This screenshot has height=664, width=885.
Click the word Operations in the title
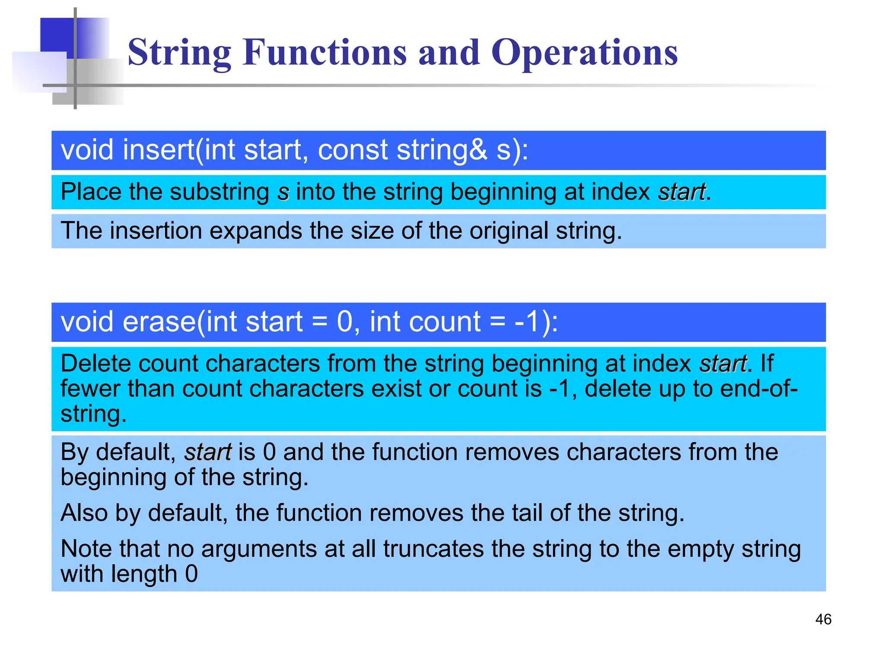(584, 52)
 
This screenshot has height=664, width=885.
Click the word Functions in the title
(325, 52)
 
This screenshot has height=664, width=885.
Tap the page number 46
(823, 619)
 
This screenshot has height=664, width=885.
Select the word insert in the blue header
(159, 150)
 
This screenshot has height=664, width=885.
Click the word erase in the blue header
(159, 322)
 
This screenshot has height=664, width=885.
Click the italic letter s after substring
(283, 192)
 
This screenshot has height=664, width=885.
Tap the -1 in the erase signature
(527, 322)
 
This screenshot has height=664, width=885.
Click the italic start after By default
(208, 452)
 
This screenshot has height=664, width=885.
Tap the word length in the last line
(144, 574)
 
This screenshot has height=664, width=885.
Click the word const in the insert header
(353, 150)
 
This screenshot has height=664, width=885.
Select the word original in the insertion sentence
(509, 231)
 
